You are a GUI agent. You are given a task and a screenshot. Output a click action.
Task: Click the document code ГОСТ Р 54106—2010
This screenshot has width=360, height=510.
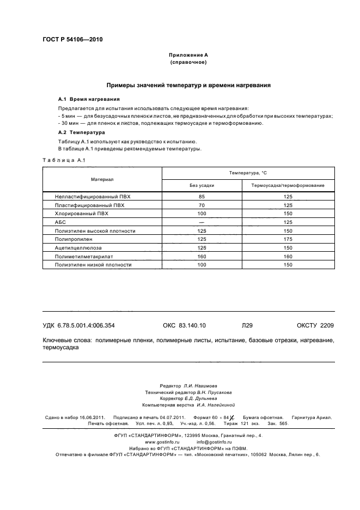pyautogui.click(x=72, y=40)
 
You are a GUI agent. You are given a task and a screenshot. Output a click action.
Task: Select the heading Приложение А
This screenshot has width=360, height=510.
pyautogui.click(x=188, y=56)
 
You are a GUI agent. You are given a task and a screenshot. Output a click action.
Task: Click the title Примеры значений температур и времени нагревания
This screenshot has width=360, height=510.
pyautogui.click(x=188, y=86)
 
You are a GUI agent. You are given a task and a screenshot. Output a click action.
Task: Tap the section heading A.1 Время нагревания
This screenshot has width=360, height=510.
pyautogui.click(x=89, y=100)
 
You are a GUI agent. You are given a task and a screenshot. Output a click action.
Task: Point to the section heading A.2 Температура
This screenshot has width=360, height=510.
pyautogui.click(x=82, y=132)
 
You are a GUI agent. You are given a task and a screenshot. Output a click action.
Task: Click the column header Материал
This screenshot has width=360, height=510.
pyautogui.click(x=102, y=179)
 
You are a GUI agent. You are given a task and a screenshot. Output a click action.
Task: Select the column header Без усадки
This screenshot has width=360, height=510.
pyautogui.click(x=202, y=185)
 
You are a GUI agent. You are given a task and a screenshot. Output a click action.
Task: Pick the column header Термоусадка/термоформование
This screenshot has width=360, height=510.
pyautogui.click(x=288, y=185)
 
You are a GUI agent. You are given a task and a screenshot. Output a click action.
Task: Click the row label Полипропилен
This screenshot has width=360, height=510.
pyautogui.click(x=73, y=239)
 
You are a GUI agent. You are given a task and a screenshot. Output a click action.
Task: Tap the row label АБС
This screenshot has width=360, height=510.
pyautogui.click(x=60, y=222)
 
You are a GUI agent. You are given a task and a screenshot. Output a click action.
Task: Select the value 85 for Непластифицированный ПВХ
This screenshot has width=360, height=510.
pyautogui.click(x=202, y=197)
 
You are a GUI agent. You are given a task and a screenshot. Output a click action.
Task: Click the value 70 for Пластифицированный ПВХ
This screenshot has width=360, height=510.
pyautogui.click(x=202, y=205)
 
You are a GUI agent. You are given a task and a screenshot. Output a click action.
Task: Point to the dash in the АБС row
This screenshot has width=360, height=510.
pyautogui.click(x=202, y=222)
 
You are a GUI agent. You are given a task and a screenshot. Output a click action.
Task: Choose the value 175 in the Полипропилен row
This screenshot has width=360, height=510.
pyautogui.click(x=288, y=239)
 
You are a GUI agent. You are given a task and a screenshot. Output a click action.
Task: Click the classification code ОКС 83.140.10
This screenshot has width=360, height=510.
pyautogui.click(x=184, y=325)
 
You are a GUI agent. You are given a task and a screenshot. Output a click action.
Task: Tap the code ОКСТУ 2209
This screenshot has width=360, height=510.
pyautogui.click(x=315, y=325)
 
